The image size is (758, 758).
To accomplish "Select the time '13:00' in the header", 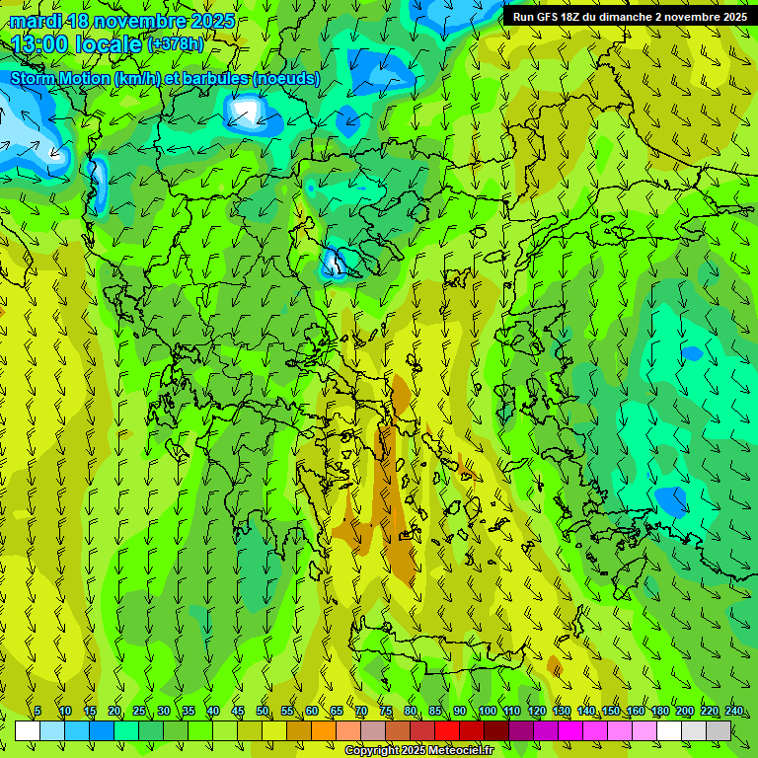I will point(41,44).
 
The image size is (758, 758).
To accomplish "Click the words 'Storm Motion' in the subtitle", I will point(59,78).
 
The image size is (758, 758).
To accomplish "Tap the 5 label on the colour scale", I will point(38,712).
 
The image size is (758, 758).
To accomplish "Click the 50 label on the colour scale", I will point(263,712).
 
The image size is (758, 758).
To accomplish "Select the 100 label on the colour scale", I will point(487,712).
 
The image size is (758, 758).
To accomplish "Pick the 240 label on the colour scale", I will point(733,712).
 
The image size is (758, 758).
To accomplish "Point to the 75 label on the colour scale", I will point(386,712).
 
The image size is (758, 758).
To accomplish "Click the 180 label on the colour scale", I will point(659,712).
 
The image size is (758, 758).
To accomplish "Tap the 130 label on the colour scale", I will point(561,712).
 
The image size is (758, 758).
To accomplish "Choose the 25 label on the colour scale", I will point(139,712).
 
